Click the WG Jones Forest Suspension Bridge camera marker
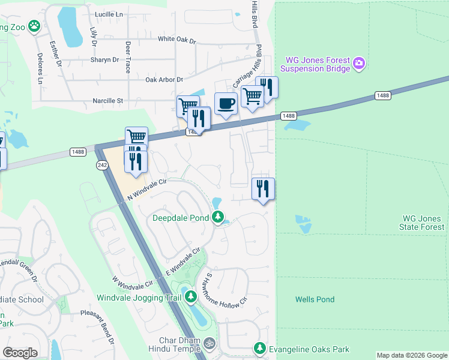359,63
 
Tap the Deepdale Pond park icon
218,217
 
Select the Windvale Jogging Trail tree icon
190,296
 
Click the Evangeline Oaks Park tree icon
259,349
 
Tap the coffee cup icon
226,104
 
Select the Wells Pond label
315,299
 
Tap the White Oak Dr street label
177,40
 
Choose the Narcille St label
107,101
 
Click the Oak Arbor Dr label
164,79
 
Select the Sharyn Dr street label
105,60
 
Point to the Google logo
20,353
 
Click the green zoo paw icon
35,26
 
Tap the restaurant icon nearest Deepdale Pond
263,189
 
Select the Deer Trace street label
127,58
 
